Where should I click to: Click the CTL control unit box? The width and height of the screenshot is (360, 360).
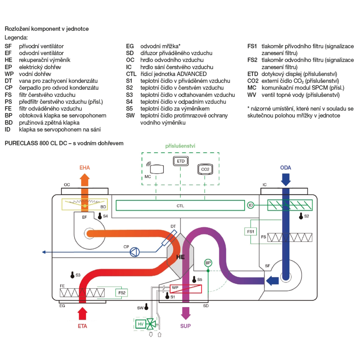point(180,206)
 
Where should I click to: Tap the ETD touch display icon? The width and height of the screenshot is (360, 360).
point(181,161)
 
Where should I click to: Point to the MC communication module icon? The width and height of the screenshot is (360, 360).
point(157,168)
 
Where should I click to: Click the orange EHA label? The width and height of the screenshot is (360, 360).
point(85,167)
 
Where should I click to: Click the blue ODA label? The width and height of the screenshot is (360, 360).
point(285,167)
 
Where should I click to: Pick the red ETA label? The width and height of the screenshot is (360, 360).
point(82,327)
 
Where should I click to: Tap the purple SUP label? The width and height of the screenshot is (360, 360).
point(186,326)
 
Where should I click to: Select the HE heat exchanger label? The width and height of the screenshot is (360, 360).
point(180,257)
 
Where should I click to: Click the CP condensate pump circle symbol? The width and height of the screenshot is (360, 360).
point(134,252)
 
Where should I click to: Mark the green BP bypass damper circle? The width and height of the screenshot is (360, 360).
point(208,263)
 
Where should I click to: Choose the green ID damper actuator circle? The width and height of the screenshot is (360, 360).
point(251,205)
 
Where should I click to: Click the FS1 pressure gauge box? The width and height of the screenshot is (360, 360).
point(251,231)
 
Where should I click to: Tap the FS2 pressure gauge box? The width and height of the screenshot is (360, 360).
point(122,293)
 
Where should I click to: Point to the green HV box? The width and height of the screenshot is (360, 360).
point(141,324)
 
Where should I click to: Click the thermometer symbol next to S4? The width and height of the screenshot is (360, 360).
point(100,216)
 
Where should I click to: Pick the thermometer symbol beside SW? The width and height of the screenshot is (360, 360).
point(147,307)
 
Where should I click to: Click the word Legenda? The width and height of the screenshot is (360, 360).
point(16,37)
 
